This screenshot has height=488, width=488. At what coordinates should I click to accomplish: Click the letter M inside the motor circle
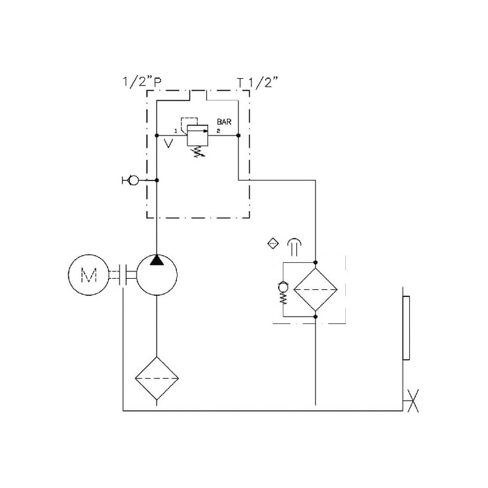pos(89,276)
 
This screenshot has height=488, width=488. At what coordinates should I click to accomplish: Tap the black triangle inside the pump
pos(157,260)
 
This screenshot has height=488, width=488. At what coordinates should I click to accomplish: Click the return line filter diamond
pos(315,289)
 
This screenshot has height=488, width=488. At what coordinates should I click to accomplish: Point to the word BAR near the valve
pos(225,121)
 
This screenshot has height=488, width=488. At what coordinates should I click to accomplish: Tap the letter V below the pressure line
pos(169,144)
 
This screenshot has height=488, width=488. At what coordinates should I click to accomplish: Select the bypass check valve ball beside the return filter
pos(282,286)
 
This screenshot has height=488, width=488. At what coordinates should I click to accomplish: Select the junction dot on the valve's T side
pos(238,135)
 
